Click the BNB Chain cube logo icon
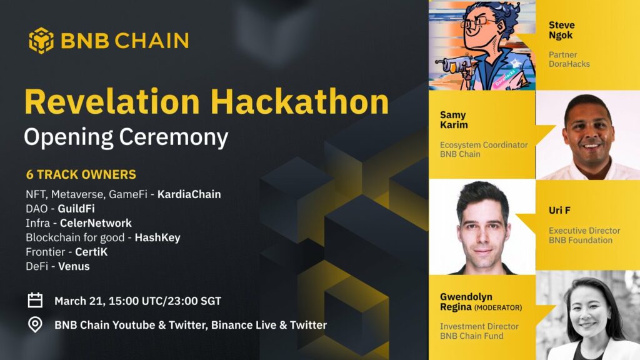41,41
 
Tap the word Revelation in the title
112,102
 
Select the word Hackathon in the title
299,102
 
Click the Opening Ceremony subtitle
126,137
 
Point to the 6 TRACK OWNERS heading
81,175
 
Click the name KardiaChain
189,194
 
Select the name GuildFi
76,209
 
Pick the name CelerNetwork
96,223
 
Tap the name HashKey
157,237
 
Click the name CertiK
91,252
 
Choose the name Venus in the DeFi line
74,266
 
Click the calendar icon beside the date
35,300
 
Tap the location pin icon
35,325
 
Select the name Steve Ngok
562,30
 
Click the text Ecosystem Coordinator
484,145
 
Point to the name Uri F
559,210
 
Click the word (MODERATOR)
498,307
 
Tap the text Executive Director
584,231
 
